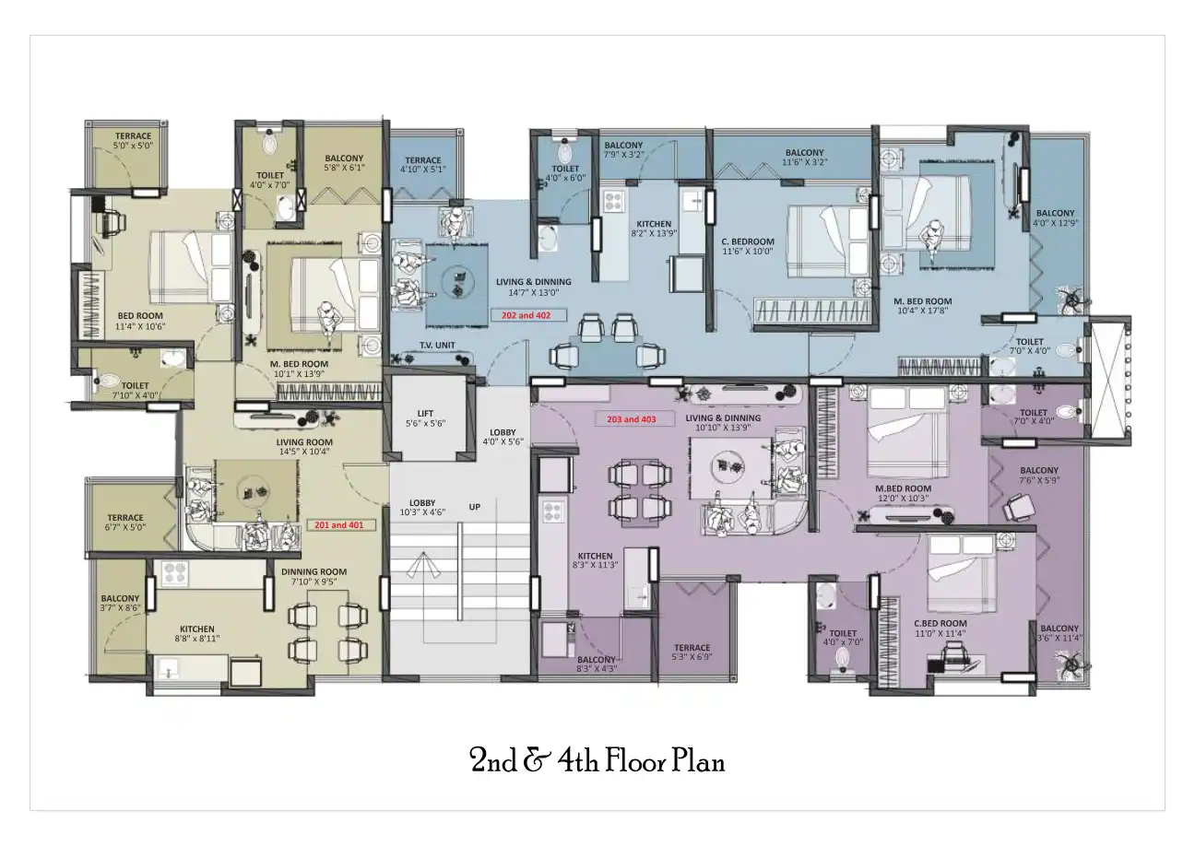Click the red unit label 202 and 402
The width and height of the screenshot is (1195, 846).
[525, 315]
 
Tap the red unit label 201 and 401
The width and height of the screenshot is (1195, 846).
[338, 525]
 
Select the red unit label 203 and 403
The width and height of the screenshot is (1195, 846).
[631, 419]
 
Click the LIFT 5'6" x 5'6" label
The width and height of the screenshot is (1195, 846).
[425, 418]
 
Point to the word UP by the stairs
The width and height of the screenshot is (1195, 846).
[475, 507]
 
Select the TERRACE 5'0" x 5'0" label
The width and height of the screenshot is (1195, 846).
[133, 141]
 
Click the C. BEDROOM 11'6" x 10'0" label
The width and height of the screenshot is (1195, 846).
[747, 247]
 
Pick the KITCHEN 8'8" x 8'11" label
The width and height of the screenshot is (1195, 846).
[196, 635]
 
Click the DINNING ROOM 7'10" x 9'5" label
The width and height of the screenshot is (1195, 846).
[314, 577]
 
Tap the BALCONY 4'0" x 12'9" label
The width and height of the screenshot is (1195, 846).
[1055, 217]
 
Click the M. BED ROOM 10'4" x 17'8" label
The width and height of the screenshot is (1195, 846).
[922, 307]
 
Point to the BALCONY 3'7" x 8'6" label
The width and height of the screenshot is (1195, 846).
[120, 603]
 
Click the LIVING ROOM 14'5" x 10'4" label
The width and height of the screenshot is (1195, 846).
[304, 447]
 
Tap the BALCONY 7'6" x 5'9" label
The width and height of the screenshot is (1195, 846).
[1039, 476]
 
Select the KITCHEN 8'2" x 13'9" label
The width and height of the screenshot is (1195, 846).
[655, 229]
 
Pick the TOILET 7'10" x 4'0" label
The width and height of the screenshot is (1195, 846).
[135, 391]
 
